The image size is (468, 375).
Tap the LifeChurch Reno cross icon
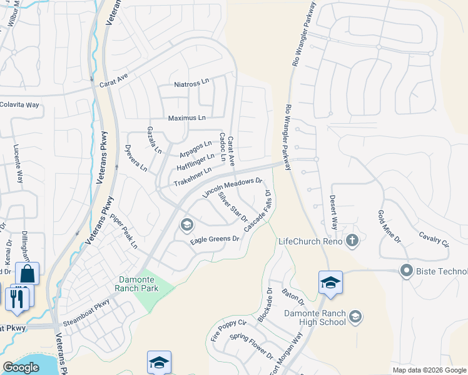click(352, 241)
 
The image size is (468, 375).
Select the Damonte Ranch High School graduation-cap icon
click(355, 317)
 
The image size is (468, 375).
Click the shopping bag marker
click(28, 273)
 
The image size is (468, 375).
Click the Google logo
click(21, 367)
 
